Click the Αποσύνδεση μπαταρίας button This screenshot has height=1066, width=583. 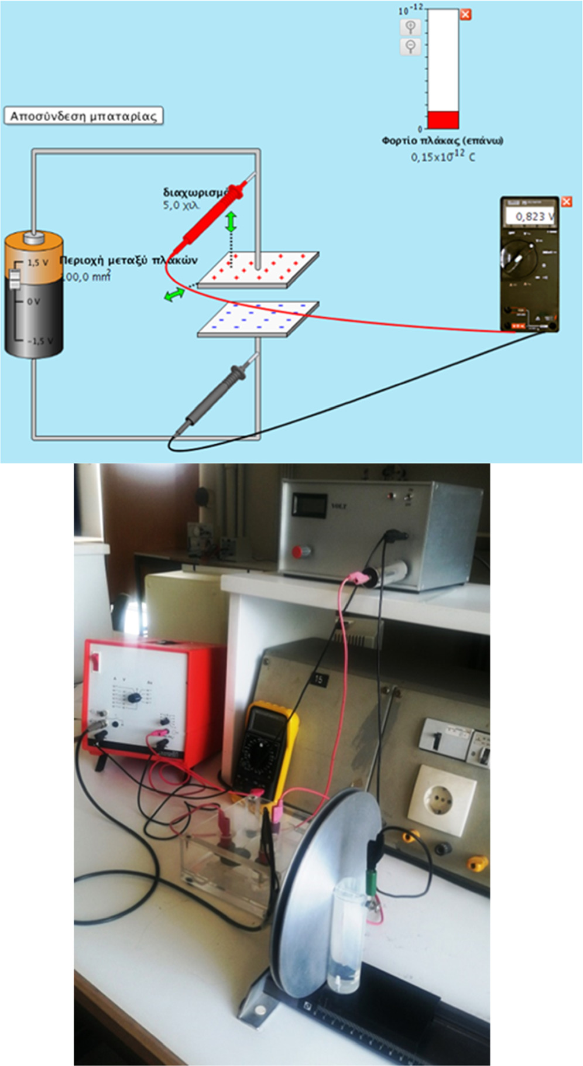(83, 116)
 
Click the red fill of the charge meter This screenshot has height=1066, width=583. (443, 119)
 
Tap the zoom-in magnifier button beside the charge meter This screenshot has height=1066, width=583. (410, 27)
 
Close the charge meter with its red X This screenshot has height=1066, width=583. (465, 15)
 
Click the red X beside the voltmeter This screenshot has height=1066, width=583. (566, 202)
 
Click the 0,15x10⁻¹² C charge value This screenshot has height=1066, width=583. (443, 156)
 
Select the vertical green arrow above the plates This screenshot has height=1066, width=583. (232, 221)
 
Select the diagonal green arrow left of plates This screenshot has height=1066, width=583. (174, 294)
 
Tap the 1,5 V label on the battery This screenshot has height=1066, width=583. (37, 262)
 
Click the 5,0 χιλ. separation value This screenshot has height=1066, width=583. (181, 205)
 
